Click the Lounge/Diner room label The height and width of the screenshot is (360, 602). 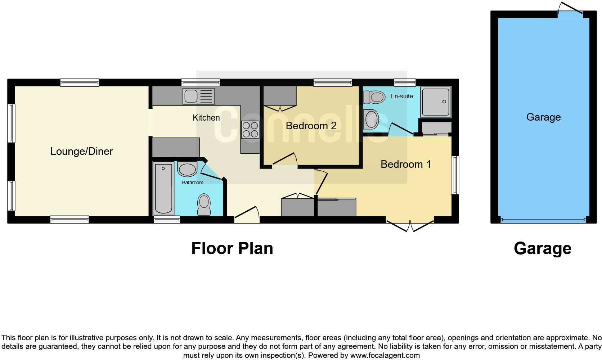[x=82, y=152]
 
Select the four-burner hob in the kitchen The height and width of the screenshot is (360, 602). [x=250, y=130]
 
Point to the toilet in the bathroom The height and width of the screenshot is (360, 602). [x=204, y=204]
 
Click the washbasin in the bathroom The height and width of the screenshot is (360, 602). [x=187, y=169]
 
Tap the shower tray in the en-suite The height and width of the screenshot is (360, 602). [x=436, y=102]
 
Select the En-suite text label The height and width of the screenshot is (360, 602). [x=402, y=96]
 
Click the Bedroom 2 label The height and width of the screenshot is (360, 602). [x=311, y=126]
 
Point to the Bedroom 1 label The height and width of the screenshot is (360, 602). [x=406, y=165]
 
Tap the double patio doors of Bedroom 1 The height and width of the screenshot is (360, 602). [x=410, y=225]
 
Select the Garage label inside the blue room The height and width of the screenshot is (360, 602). [x=543, y=117]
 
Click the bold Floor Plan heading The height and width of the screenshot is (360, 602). [x=232, y=249]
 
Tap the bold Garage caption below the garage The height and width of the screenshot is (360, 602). [x=542, y=249]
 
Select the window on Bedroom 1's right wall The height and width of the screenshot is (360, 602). [x=455, y=175]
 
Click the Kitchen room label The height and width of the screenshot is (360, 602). [x=206, y=118]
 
